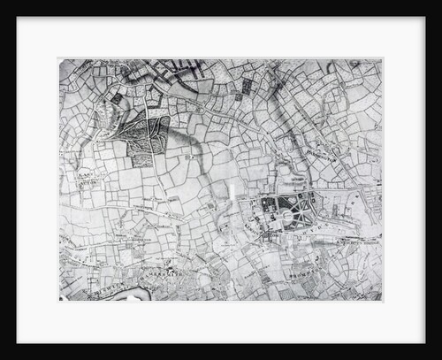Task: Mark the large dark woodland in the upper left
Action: point(147,141)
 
